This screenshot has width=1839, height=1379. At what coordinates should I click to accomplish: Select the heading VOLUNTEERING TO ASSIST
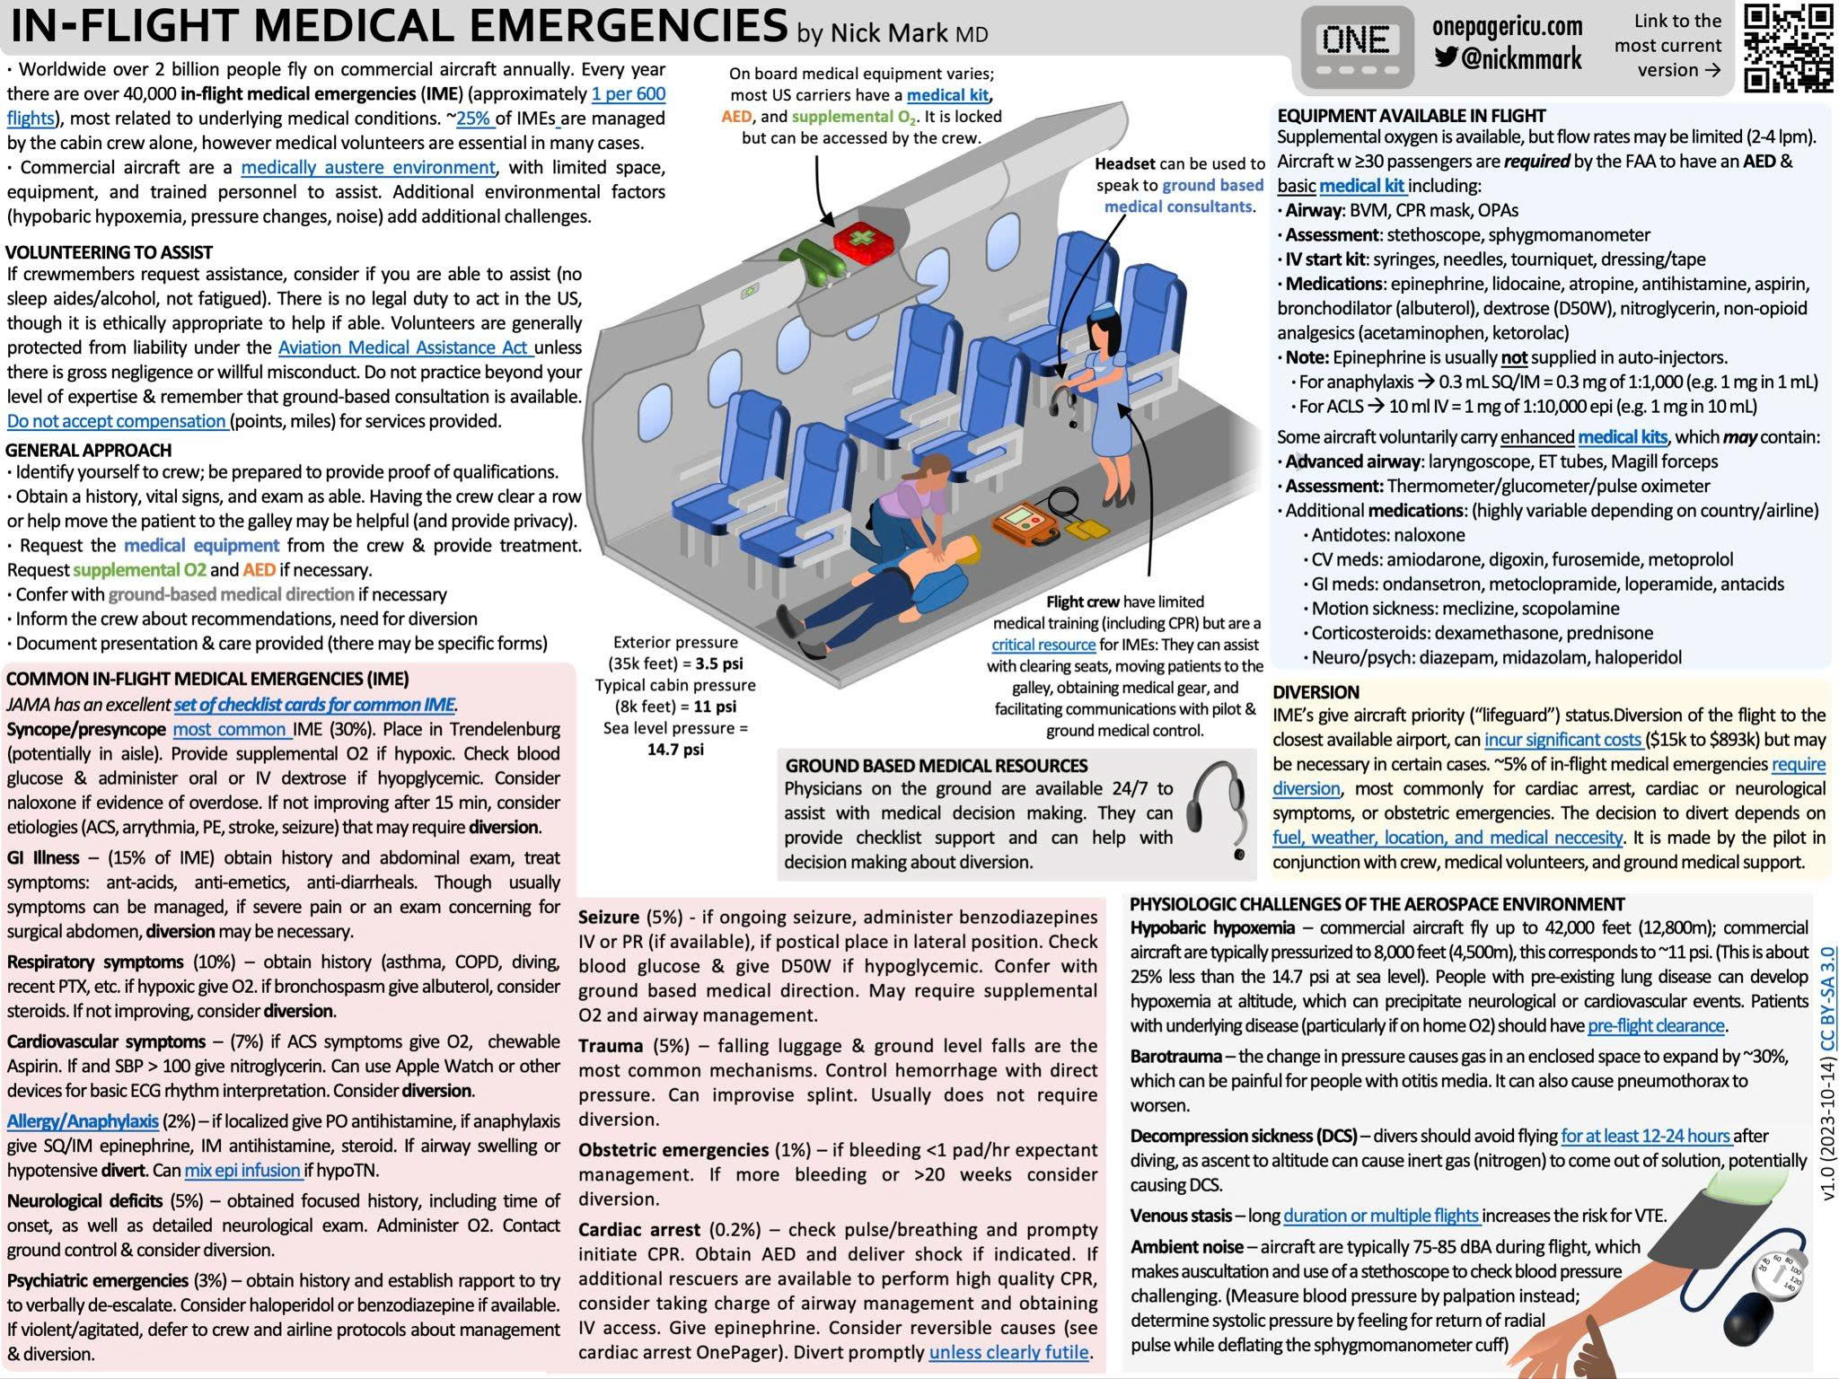(109, 252)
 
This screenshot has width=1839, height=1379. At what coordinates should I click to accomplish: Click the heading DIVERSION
(1315, 692)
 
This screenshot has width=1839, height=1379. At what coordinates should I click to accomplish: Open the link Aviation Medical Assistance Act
(404, 347)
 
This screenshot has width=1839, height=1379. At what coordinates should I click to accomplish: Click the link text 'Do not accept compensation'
(117, 421)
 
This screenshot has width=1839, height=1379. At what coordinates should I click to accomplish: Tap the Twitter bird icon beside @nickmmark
(1446, 58)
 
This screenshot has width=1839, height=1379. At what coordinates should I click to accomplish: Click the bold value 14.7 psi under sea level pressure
(675, 750)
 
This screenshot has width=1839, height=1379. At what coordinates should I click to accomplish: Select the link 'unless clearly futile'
(1008, 1352)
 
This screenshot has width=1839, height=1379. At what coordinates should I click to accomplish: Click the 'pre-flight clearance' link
(1656, 1025)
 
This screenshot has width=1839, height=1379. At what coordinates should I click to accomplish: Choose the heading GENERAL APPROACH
(88, 450)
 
